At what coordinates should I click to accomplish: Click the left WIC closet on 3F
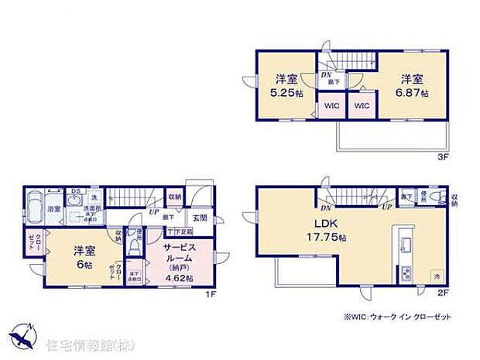coord(331,106)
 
